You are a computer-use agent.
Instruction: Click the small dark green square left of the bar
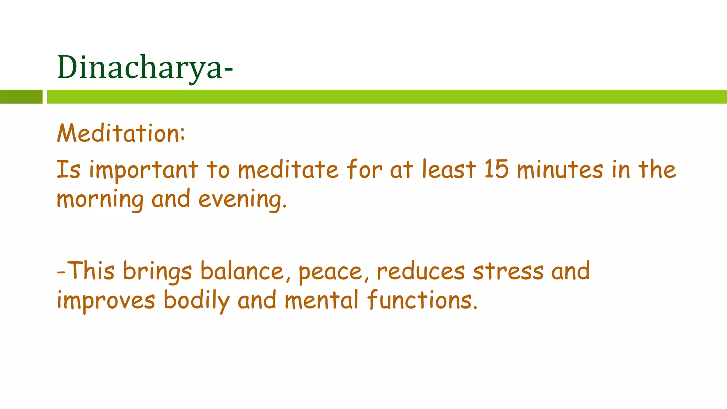click(x=21, y=97)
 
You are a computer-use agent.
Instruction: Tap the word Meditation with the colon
click(x=121, y=133)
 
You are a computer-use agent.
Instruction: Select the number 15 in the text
click(x=496, y=169)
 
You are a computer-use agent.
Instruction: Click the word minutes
click(x=560, y=169)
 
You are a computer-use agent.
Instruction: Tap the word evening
click(x=242, y=200)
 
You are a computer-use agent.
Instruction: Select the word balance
click(x=242, y=271)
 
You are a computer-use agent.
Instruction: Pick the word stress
click(x=508, y=271)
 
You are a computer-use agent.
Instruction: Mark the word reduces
click(x=421, y=271)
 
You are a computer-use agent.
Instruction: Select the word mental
click(x=322, y=300)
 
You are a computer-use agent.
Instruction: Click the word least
click(x=449, y=169)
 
